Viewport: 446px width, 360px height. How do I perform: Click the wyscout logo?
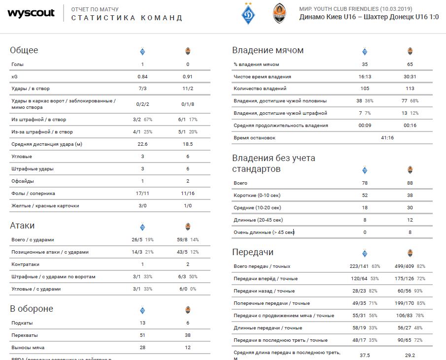(31, 13)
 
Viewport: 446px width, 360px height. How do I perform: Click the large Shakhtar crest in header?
(279, 14)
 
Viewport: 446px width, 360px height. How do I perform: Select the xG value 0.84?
(142, 76)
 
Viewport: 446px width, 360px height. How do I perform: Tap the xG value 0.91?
(187, 76)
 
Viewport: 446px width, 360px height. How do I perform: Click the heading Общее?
(24, 50)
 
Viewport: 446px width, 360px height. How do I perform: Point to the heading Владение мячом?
(268, 50)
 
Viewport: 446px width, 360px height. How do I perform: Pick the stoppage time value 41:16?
(387, 138)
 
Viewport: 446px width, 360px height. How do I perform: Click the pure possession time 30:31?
(410, 77)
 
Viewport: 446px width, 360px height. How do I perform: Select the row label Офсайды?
(23, 181)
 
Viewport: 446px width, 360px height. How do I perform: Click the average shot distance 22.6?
(142, 144)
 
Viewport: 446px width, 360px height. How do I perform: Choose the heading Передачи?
(252, 252)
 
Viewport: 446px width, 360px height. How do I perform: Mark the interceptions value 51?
(142, 335)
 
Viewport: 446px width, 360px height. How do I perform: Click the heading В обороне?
(31, 309)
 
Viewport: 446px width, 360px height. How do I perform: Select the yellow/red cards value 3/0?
(142, 206)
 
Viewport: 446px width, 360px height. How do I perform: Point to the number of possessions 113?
(410, 89)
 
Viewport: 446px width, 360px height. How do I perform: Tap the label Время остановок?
(254, 138)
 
